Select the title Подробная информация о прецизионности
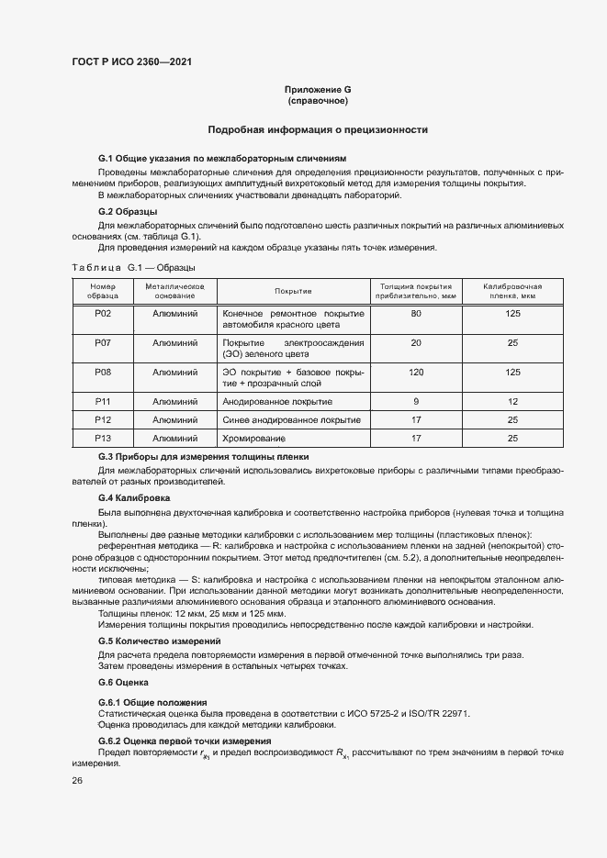click(318, 130)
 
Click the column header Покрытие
click(293, 290)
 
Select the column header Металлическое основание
click(174, 290)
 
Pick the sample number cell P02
click(103, 314)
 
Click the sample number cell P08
click(103, 372)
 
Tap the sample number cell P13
click(103, 438)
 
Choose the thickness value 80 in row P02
click(416, 314)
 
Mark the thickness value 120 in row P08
click(416, 372)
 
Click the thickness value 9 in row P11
click(416, 401)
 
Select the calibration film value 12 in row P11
click(512, 401)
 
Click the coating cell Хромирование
click(254, 438)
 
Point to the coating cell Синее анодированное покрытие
click(291, 419)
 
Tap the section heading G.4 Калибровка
click(134, 497)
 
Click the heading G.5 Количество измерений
click(159, 641)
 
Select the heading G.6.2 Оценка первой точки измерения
click(185, 740)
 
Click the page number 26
click(77, 780)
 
